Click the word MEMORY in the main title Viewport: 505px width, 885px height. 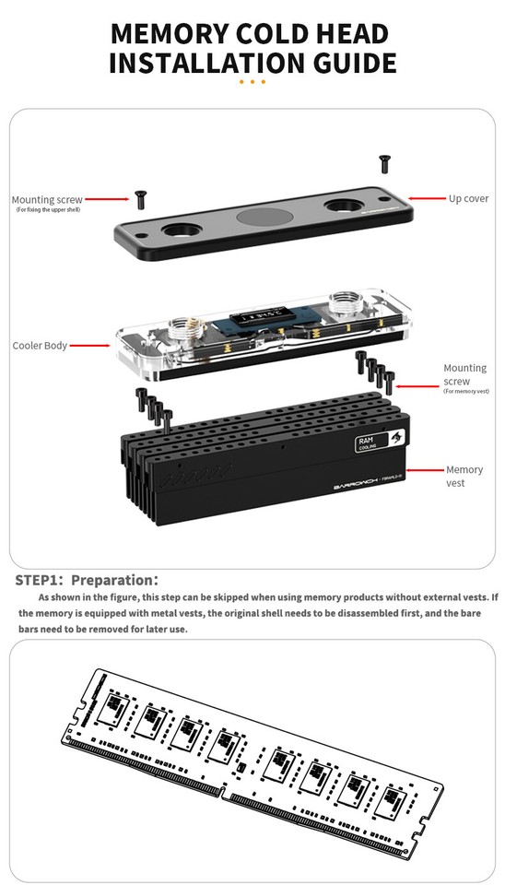coord(167,33)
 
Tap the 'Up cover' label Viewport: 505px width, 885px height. coord(468,198)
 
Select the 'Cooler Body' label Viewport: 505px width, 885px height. coord(39,346)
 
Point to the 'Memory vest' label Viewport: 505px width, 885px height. coord(464,476)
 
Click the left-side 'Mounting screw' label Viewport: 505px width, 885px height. coord(47,199)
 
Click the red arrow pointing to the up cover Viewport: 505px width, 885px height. coord(427,198)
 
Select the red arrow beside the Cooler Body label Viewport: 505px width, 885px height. coord(90,346)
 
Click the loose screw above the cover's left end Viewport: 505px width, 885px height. coord(141,197)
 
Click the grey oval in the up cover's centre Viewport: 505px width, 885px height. coord(262,218)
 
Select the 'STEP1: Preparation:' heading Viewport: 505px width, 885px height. coord(87,580)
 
